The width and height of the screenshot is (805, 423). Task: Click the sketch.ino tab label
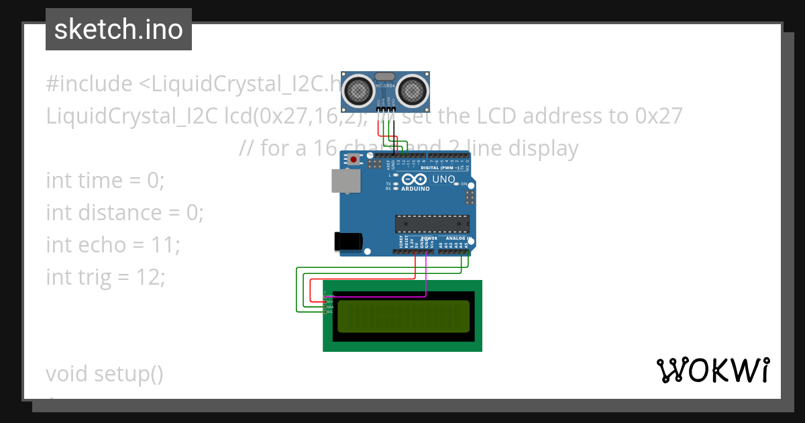click(118, 30)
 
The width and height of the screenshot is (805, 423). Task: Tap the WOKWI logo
click(712, 371)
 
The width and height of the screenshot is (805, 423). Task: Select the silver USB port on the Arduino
click(345, 181)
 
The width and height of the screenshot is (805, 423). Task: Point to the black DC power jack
click(349, 241)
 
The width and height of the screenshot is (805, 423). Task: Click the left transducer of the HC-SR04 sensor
click(359, 89)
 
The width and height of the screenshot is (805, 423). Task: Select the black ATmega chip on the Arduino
click(432, 224)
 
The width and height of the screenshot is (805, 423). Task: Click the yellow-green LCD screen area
click(403, 316)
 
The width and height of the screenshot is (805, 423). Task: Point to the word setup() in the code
click(127, 373)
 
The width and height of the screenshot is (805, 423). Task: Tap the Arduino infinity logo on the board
click(415, 180)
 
